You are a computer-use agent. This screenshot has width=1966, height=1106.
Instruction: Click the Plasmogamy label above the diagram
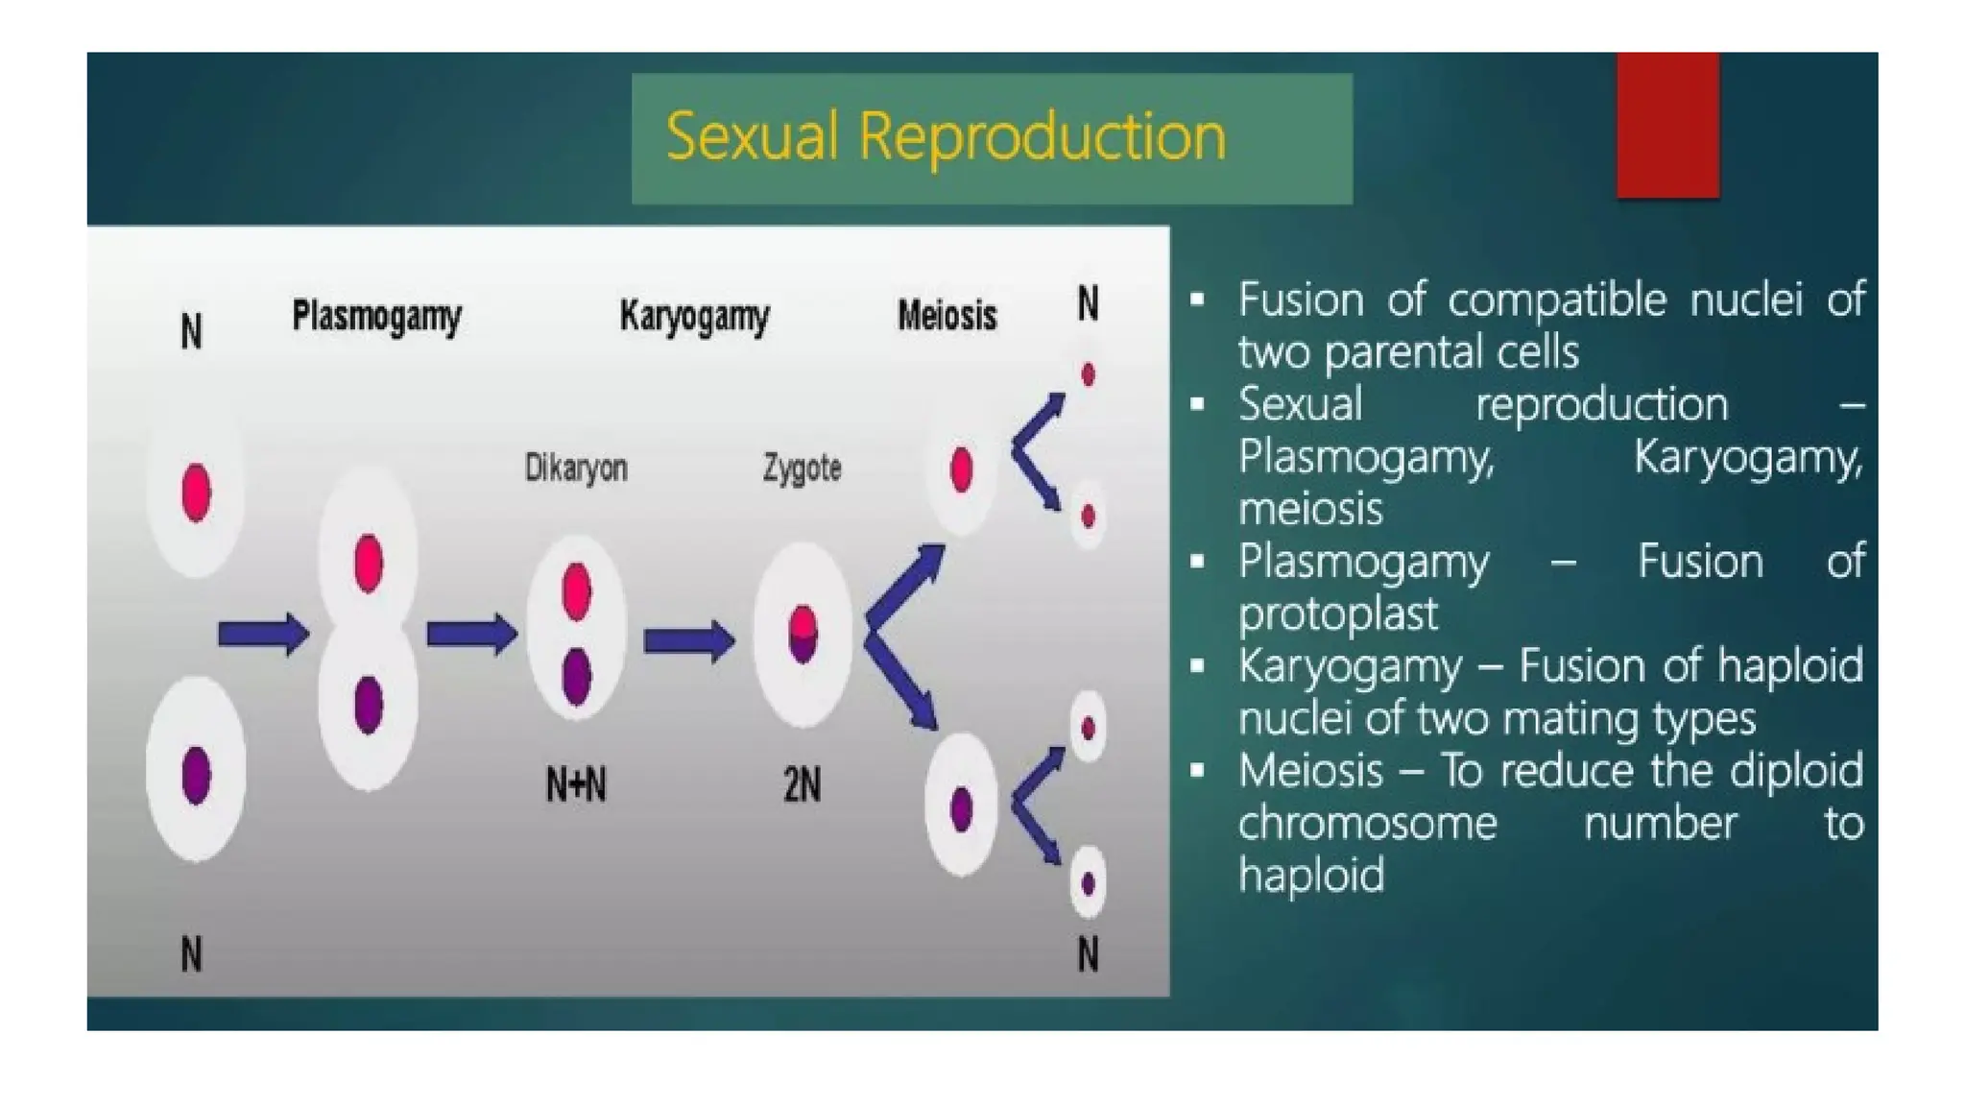376,316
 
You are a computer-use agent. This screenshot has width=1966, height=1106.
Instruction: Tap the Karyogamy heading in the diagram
694,316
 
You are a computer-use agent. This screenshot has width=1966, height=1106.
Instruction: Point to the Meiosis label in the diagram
947,315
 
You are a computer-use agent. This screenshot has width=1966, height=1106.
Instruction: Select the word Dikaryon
576,468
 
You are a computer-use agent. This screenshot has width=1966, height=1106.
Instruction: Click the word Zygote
802,468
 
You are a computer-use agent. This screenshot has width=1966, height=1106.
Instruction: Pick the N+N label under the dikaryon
576,785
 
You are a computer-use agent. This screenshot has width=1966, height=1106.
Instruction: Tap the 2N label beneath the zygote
802,785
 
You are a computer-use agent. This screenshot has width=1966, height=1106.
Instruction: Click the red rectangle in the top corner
1667,125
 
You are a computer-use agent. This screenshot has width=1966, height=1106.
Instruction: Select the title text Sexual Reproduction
946,136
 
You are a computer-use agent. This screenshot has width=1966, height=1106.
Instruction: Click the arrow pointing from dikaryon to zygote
688,640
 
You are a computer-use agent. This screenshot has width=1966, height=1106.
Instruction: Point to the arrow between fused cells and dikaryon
471,634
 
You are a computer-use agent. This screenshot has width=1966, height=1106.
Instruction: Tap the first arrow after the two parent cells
263,634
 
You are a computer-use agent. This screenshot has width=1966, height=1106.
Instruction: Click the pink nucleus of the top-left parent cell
196,493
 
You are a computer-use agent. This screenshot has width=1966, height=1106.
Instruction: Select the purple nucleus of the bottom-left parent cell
196,774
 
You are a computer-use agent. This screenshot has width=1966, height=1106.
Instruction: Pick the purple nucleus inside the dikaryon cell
576,676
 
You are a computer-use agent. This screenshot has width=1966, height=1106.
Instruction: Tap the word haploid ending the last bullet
1311,876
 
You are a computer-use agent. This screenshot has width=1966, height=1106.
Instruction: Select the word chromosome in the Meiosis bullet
1367,824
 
